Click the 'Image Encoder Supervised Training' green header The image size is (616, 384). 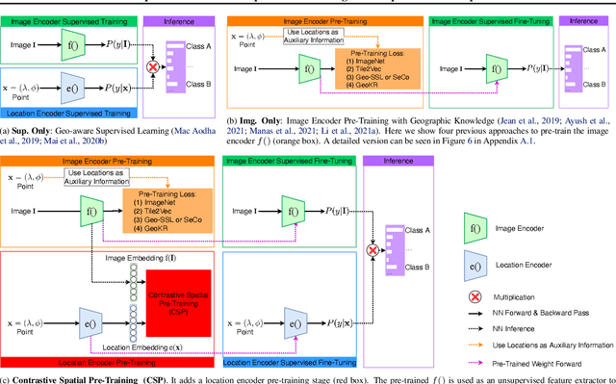coord(69,7)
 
